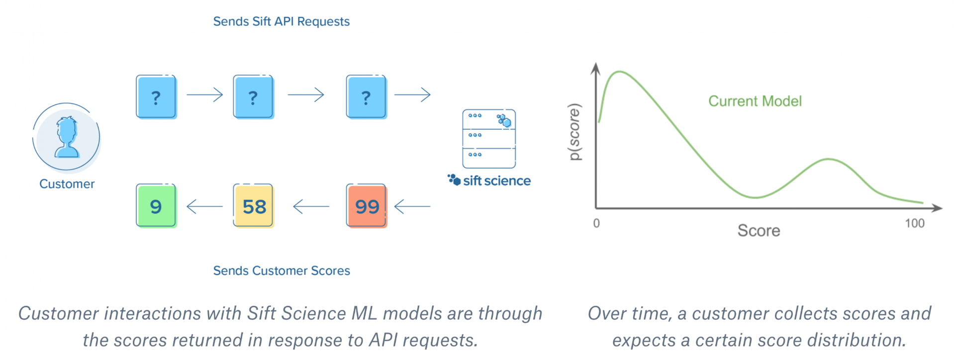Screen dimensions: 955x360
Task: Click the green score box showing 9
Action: coord(156,206)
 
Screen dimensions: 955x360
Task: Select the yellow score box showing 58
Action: coord(254,206)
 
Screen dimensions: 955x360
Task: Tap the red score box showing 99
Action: coord(367,206)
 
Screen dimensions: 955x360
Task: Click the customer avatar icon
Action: coord(67,137)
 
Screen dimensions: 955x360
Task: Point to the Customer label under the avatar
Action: coord(67,184)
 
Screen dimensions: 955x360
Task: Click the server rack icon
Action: coord(489,139)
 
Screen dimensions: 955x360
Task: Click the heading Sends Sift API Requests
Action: coord(282,21)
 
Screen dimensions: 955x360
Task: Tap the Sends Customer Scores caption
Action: coord(282,270)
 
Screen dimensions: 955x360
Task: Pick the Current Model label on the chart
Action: coord(755,101)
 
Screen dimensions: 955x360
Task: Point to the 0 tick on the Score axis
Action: coord(596,223)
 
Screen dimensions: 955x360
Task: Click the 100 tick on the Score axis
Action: coord(915,223)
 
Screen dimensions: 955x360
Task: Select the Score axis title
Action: coord(759,231)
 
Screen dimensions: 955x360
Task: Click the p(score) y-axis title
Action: coord(574,132)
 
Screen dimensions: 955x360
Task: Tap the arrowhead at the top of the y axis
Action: coord(595,68)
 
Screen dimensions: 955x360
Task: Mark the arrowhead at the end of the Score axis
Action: coord(937,208)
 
